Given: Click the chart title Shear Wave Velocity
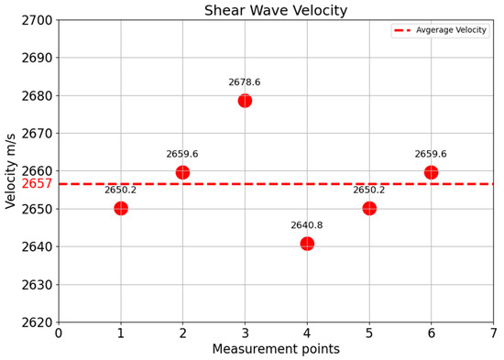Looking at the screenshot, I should (x=275, y=11).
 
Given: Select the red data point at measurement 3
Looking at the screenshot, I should (x=245, y=101).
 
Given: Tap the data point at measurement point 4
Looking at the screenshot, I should (x=307, y=244).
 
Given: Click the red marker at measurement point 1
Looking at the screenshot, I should (x=121, y=208).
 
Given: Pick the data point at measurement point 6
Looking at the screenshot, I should (x=431, y=172).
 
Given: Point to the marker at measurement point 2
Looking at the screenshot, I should (x=182, y=172).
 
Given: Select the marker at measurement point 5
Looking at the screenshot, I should (x=369, y=208).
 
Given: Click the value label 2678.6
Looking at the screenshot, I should (x=245, y=82).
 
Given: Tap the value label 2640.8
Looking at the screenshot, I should (x=307, y=225).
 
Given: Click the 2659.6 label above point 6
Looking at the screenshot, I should (x=431, y=154).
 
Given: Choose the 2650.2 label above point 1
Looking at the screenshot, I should (x=121, y=191).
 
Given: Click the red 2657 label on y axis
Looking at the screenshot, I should (x=37, y=184).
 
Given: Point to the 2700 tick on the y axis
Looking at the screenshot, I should (x=35, y=20).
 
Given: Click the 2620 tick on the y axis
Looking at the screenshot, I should (x=35, y=322).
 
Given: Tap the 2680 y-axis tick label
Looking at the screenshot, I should (x=35, y=95).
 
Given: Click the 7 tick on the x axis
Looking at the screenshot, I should (x=493, y=333).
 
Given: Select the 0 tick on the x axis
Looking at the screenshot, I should (x=59, y=333).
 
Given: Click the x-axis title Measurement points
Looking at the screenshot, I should (x=276, y=350).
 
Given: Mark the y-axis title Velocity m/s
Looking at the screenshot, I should (x=11, y=171).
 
